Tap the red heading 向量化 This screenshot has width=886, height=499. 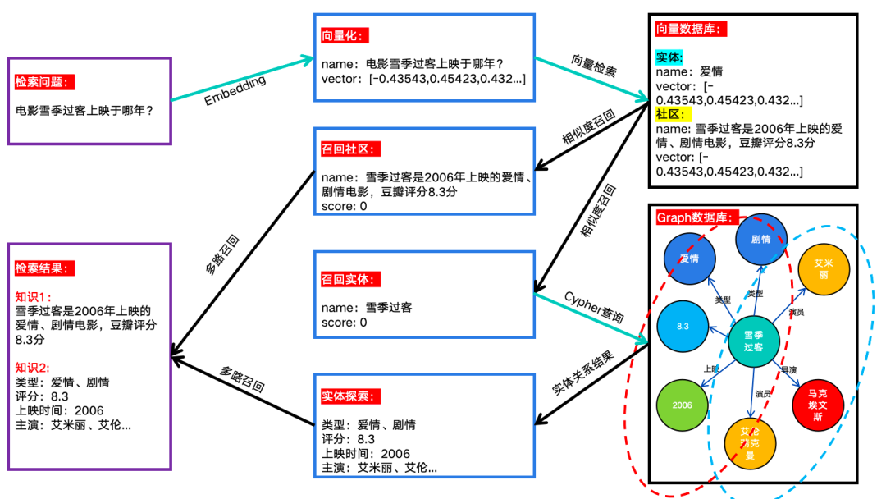[x=345, y=36]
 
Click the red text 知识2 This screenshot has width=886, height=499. [x=34, y=368]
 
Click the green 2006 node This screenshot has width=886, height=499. [x=683, y=405]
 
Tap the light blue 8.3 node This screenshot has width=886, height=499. [x=683, y=327]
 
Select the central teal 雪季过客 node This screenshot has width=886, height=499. [x=753, y=341]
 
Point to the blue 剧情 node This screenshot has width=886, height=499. [x=760, y=240]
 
